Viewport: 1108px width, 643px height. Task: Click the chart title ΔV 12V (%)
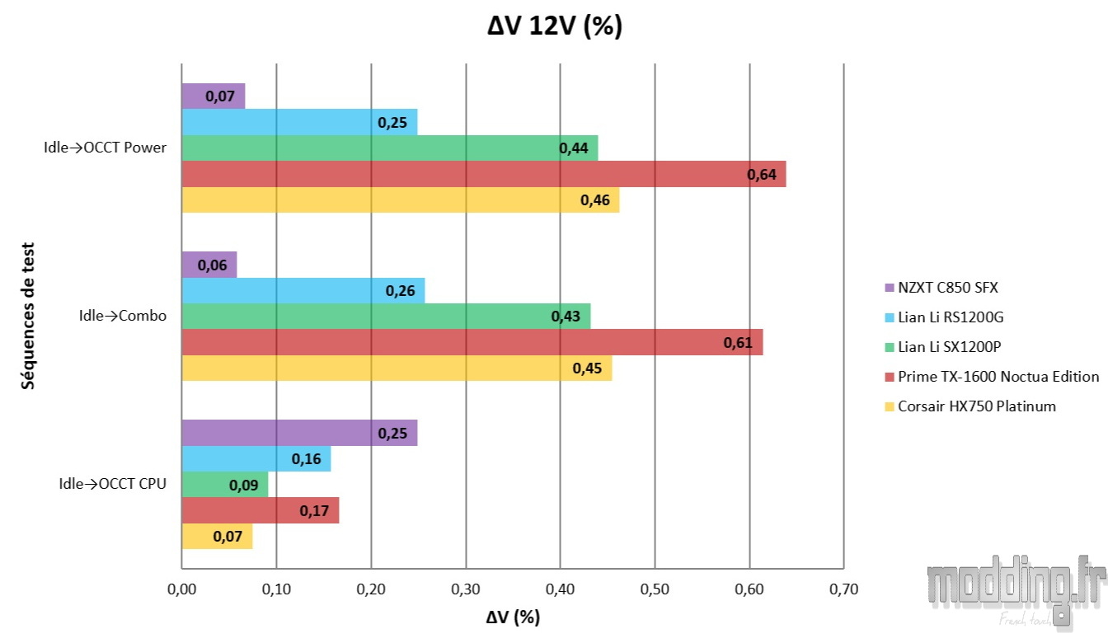(554, 26)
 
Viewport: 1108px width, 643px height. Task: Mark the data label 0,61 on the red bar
(737, 342)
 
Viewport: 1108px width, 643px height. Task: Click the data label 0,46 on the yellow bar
(594, 200)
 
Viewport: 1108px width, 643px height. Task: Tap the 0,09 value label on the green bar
(243, 485)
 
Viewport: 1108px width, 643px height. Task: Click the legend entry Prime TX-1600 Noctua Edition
(991, 377)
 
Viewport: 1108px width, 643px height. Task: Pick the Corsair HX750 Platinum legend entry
(969, 406)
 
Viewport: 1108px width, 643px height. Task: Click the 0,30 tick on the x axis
(466, 589)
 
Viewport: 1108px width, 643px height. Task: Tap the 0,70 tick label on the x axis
(843, 589)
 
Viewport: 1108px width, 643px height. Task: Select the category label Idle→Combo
(123, 316)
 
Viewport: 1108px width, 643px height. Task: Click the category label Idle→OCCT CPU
(112, 484)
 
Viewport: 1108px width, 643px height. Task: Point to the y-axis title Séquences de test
(29, 316)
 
